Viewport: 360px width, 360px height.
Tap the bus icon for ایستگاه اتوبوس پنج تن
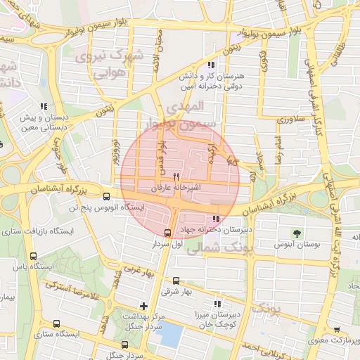[106, 197]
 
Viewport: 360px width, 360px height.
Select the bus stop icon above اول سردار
[167, 233]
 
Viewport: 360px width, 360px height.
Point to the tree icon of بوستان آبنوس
[296, 232]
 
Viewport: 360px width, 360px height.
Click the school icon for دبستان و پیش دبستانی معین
[44, 107]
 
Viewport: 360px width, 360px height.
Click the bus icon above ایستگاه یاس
[34, 256]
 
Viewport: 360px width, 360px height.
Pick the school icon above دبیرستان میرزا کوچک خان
[217, 304]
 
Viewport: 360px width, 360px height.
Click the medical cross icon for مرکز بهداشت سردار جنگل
[144, 306]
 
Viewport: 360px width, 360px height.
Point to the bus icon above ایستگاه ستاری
[56, 324]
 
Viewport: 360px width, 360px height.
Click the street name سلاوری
[288, 120]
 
